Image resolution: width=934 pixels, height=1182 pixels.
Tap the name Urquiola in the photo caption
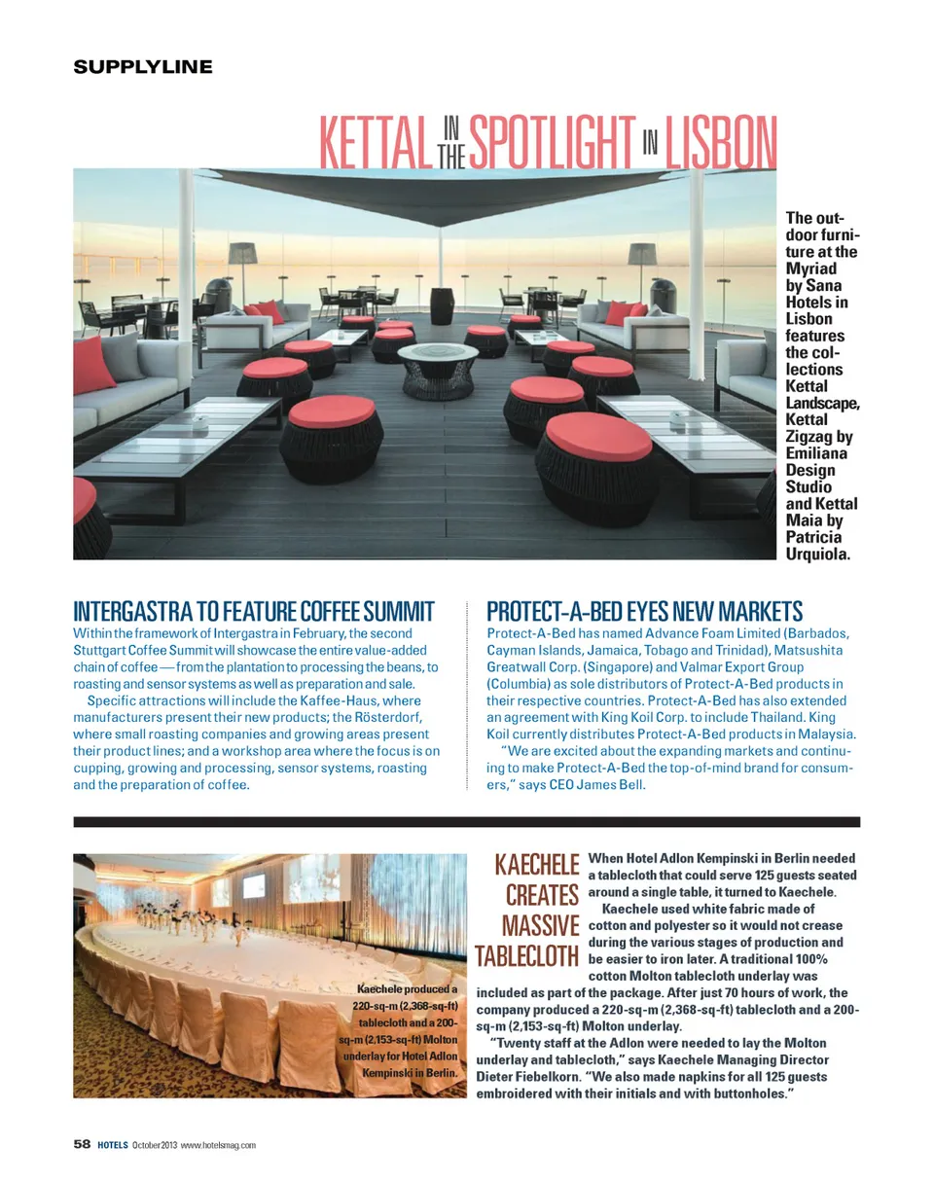click(817, 555)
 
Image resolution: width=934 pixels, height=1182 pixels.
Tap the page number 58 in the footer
click(83, 1144)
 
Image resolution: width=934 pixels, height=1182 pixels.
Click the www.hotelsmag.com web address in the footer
click(219, 1145)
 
